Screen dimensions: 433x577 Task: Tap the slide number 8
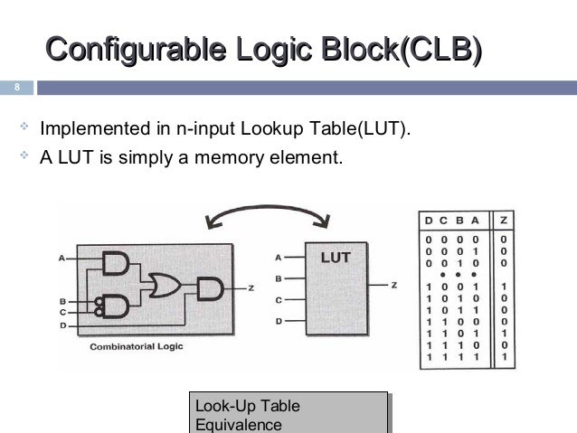(x=14, y=89)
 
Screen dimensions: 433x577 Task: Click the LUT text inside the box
(x=336, y=256)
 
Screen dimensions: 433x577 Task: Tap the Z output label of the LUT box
(x=394, y=286)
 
